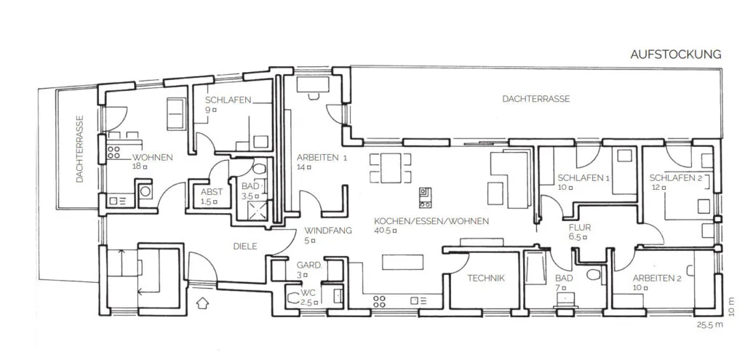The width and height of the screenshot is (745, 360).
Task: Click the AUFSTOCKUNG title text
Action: [676, 54]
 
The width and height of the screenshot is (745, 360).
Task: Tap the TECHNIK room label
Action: [485, 279]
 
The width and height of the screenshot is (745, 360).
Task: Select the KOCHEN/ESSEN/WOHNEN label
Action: [431, 221]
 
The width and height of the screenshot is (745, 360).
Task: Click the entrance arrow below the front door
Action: [202, 303]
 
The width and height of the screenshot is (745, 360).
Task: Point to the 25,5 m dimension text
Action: [710, 325]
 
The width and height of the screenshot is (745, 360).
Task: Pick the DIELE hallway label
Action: [245, 247]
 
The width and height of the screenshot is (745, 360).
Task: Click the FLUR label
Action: [580, 228]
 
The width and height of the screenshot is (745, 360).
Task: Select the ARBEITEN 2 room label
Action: [657, 279]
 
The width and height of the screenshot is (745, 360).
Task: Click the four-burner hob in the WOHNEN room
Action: [114, 152]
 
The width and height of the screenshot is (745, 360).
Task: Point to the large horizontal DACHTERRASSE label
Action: [536, 99]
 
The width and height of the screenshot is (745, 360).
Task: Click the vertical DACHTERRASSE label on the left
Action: [80, 149]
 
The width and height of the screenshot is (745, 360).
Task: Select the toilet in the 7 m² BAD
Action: [593, 274]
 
